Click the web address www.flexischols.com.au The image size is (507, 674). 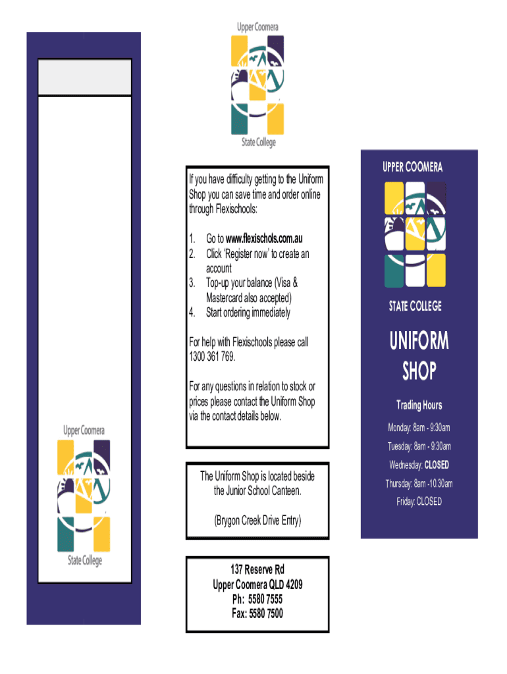pos(264,238)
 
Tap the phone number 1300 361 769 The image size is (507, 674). pos(211,357)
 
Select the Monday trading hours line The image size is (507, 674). pos(419,428)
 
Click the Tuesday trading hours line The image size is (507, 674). pos(419,446)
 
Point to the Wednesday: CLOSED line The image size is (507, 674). pos(419,465)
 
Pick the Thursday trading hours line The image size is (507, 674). pos(419,484)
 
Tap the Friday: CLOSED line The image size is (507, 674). pos(419,502)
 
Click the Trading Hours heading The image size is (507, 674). pos(419,405)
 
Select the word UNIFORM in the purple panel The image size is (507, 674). pos(419,341)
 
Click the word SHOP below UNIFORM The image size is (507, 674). pos(419,371)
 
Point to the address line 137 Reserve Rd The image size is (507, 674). pos(257,569)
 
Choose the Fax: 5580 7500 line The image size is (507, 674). pos(257,613)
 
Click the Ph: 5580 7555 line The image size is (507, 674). pos(257,599)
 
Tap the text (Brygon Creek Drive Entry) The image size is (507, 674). pos(257,521)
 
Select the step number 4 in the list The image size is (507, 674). pos(192,313)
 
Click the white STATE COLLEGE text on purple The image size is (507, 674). pos(415,306)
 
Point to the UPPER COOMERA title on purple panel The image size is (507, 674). pos(412,167)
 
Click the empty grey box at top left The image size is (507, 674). pos(85,78)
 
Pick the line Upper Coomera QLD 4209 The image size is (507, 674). pos(257,584)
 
